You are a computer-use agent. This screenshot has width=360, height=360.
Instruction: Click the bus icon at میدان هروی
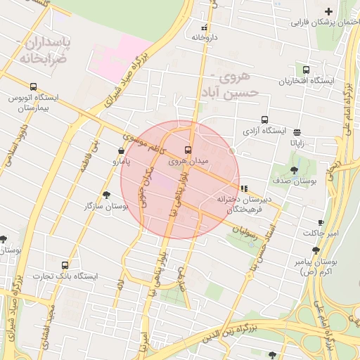click(188, 149)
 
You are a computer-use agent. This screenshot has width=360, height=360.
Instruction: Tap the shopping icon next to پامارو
click(122, 150)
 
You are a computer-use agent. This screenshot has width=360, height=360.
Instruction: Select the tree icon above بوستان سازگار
click(106, 195)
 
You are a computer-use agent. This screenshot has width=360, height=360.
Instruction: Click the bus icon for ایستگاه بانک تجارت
click(65, 265)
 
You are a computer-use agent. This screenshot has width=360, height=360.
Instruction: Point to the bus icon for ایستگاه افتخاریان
click(305, 70)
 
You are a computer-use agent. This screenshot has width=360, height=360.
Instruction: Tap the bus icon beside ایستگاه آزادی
click(264, 120)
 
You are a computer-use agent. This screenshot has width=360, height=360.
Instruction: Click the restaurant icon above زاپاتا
click(297, 131)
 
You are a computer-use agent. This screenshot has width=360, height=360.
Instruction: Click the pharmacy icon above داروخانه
click(204, 28)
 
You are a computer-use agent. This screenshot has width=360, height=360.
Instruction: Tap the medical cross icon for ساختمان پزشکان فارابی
click(328, 11)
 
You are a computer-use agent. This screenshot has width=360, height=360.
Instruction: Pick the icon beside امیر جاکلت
click(321, 222)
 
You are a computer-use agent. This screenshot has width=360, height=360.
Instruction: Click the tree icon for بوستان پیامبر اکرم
click(316, 250)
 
